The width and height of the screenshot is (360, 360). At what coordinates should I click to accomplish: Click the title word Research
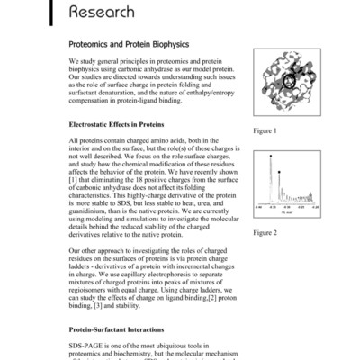(110, 12)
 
